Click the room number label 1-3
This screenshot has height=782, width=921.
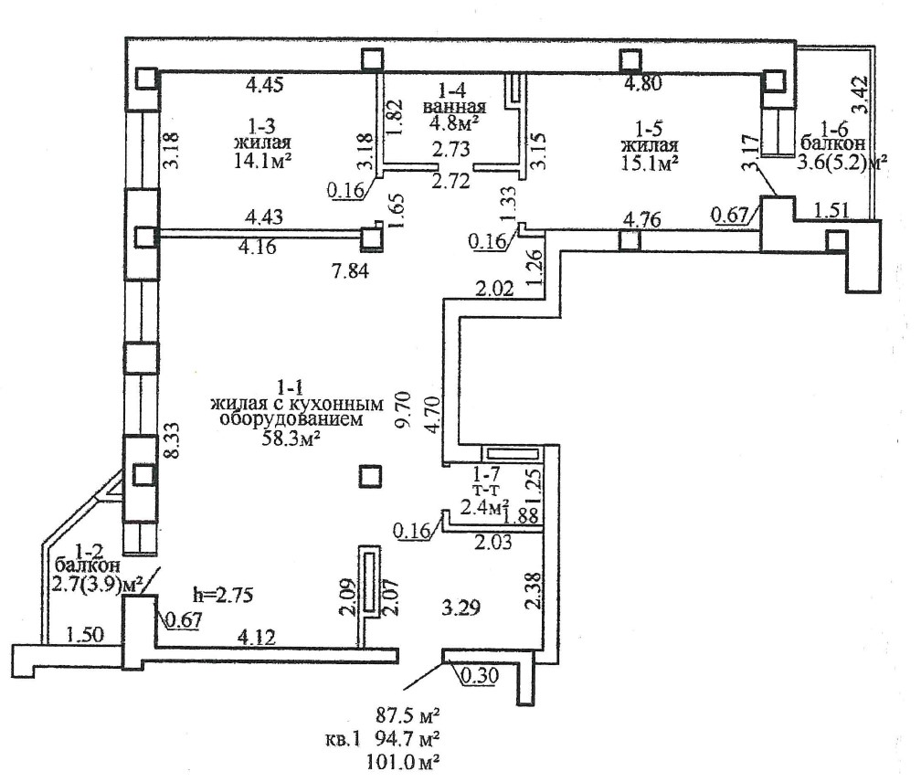[262, 126]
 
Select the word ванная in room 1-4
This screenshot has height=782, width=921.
[454, 107]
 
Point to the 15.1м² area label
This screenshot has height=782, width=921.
[650, 163]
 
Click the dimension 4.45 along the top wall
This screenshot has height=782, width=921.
[264, 85]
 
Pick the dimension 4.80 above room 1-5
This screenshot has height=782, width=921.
[642, 83]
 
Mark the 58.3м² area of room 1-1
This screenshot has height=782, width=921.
[291, 438]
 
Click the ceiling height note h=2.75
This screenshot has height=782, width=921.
[223, 595]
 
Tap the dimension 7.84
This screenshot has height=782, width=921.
[350, 270]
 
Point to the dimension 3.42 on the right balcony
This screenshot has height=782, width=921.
[860, 94]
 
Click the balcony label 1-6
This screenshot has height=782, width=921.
[834, 129]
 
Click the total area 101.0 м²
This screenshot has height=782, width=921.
[404, 762]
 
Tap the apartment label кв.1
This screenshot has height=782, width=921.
[342, 738]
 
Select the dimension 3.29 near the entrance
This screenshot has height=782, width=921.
[461, 607]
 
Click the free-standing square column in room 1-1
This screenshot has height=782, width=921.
[370, 477]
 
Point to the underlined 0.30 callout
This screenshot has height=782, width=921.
[480, 675]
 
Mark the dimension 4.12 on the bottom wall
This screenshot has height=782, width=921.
[256, 637]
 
